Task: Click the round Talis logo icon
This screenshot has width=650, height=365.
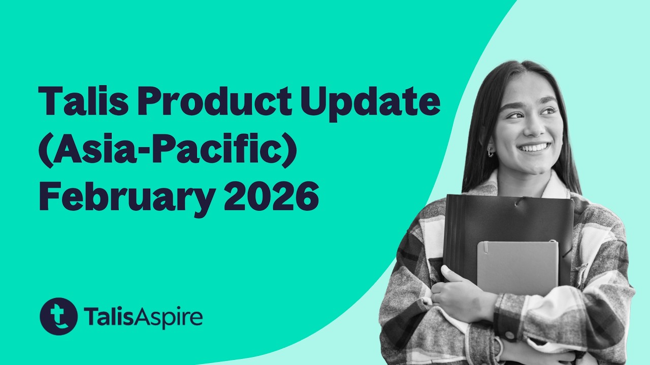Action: coord(58,316)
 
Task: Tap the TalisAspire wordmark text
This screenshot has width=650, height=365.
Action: coord(143,317)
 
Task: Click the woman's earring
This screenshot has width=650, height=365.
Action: coord(490,152)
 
